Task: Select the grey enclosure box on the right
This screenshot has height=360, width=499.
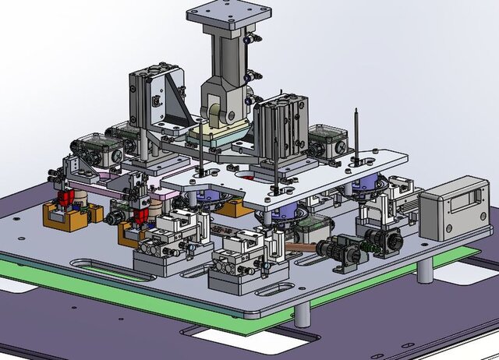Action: tap(452, 206)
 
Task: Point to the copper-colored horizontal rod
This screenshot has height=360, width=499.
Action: tap(300, 247)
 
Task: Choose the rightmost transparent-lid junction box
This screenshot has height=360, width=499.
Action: tap(327, 139)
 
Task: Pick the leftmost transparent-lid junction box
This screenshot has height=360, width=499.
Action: tap(91, 147)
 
